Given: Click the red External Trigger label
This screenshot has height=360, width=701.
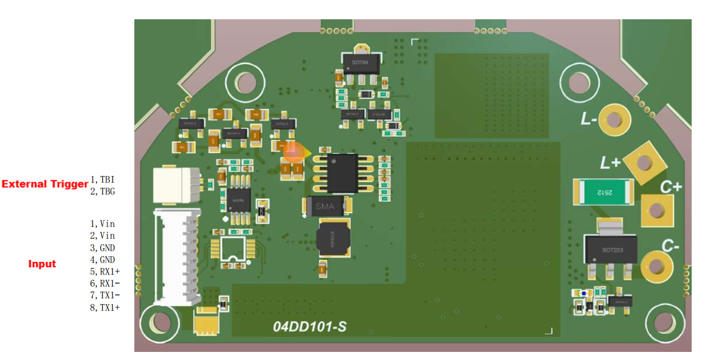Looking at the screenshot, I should (45, 184).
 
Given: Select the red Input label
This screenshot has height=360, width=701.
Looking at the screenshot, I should (42, 264).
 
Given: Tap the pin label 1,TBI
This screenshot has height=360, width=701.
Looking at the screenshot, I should (103, 179).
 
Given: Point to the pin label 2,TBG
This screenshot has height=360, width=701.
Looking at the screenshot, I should (103, 192).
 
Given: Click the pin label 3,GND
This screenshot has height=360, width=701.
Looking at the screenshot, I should (103, 247).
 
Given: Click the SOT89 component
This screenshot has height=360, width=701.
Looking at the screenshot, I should (360, 65).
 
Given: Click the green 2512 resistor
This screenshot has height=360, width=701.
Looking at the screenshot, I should (603, 192).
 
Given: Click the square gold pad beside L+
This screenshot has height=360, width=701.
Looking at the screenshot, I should (644, 164).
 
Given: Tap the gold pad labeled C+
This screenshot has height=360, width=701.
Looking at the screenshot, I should (657, 211).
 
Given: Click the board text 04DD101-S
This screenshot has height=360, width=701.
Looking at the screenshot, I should (309, 326).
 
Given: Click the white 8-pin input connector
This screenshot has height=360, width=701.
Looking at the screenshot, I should (178, 257).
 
